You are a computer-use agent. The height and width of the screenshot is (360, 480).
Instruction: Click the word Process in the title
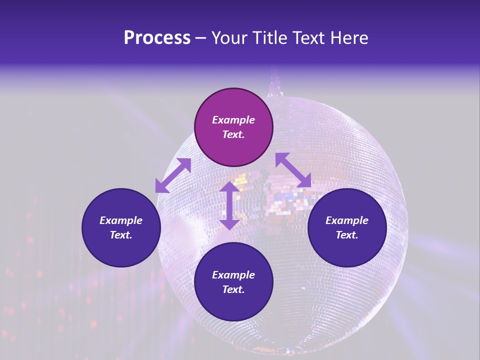(157, 38)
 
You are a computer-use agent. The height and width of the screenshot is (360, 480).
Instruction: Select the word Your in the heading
(229, 38)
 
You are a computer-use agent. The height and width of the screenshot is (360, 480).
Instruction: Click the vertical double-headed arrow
(229, 205)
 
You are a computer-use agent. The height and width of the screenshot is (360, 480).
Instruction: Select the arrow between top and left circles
(173, 175)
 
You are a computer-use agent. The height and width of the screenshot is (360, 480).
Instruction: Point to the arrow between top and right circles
(293, 170)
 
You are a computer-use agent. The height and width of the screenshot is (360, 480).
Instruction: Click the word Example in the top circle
(233, 120)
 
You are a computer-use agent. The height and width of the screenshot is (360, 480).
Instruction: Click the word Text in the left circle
(121, 235)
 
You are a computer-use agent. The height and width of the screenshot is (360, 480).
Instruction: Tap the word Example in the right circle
(347, 220)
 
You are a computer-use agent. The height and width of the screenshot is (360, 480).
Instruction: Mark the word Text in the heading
(305, 38)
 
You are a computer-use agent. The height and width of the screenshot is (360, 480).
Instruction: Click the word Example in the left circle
(121, 220)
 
